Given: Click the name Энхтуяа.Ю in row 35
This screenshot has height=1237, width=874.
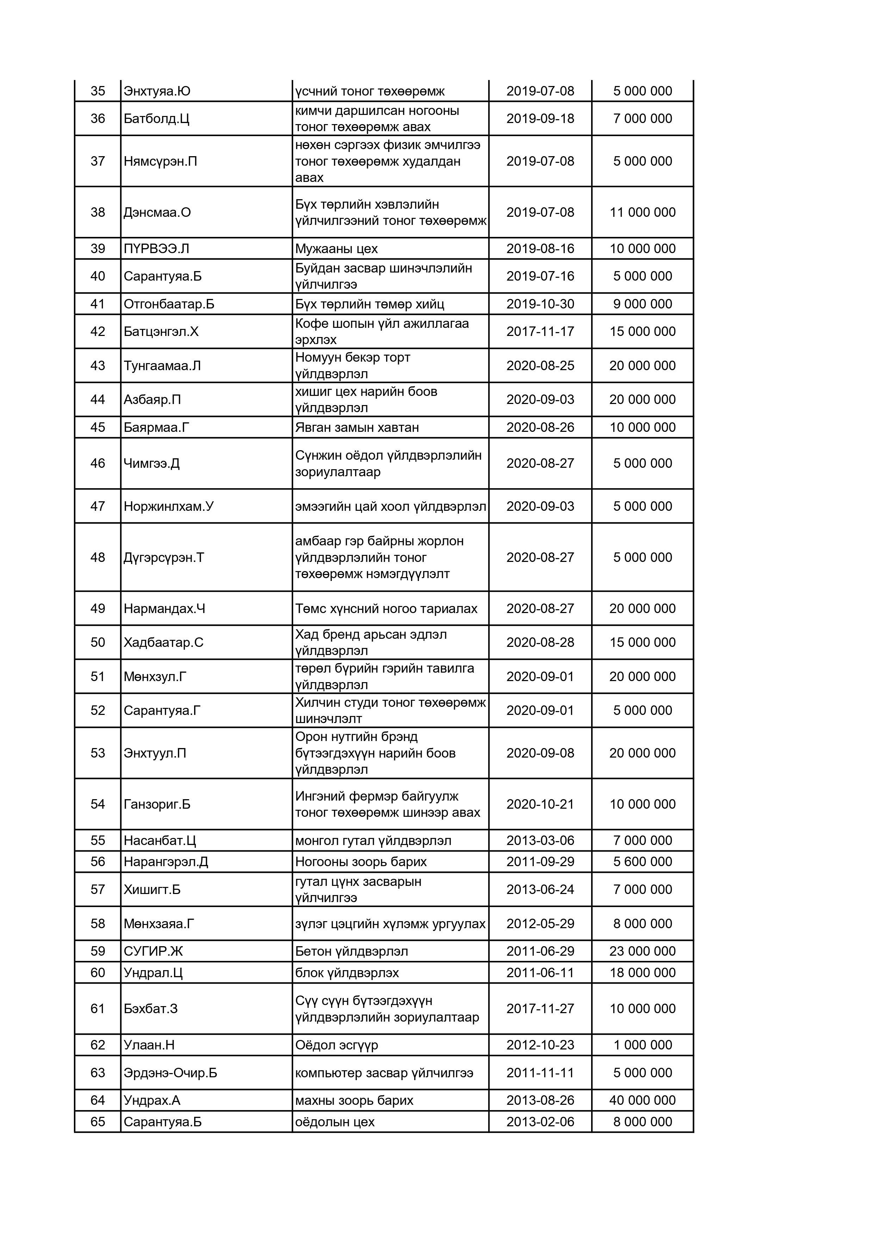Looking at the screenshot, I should coord(157,91).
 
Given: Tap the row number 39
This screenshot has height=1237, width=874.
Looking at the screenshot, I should coord(98,249).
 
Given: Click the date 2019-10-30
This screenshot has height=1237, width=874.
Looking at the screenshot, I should coord(540,304).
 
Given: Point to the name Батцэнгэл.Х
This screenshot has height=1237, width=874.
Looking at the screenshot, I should coord(161,331).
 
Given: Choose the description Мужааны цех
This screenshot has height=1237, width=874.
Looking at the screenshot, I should coord(336,249).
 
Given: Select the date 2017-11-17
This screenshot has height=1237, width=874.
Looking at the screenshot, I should coord(540,331).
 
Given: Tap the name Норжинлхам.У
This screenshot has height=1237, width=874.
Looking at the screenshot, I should coord(168,507).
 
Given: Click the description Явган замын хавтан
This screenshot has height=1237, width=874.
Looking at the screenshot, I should coord(357,427).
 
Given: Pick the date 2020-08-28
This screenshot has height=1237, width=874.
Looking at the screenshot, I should coord(540,642).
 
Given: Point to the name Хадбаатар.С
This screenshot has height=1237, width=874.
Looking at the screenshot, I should coord(163,642).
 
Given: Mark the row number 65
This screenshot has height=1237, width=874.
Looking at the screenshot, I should coord(98,1122).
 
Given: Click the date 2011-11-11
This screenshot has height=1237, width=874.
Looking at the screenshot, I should coord(540,1073).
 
